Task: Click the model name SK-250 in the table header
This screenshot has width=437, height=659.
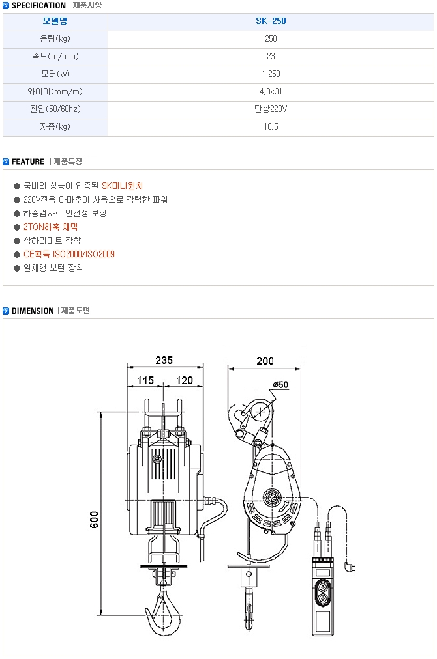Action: [x=271, y=21]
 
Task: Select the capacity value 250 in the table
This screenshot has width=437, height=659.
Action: [x=271, y=38]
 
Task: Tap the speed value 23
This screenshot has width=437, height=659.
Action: [x=271, y=56]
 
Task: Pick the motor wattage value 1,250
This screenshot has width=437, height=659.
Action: [x=271, y=74]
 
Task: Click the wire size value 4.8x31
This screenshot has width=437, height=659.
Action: [x=271, y=92]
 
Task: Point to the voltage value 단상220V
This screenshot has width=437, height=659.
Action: [x=271, y=109]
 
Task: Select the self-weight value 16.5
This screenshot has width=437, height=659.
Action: [x=271, y=127]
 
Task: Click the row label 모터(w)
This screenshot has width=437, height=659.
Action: [x=55, y=74]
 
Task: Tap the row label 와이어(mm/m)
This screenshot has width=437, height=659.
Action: [x=55, y=92]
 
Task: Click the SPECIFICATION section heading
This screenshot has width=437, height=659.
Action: [x=38, y=5]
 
